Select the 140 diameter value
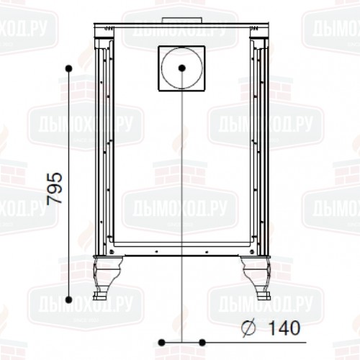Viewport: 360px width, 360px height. point(284,328)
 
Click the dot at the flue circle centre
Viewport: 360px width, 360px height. point(182,68)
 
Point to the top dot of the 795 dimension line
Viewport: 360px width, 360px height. point(69,68)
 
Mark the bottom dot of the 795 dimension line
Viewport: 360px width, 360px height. point(69,300)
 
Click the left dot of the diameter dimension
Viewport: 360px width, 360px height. point(162,343)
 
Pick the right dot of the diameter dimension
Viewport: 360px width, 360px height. point(202,343)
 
